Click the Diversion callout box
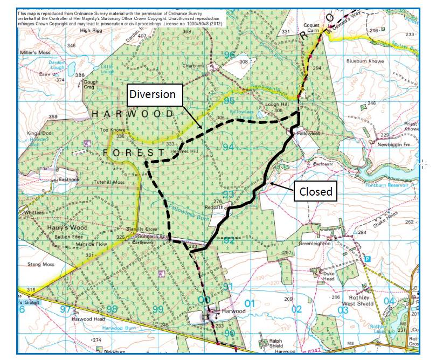(x=155, y=94)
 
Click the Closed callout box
(x=316, y=191)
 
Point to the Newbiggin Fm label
(x=394, y=144)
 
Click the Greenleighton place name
(x=318, y=243)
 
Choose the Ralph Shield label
(x=271, y=344)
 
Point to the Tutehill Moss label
(x=109, y=182)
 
